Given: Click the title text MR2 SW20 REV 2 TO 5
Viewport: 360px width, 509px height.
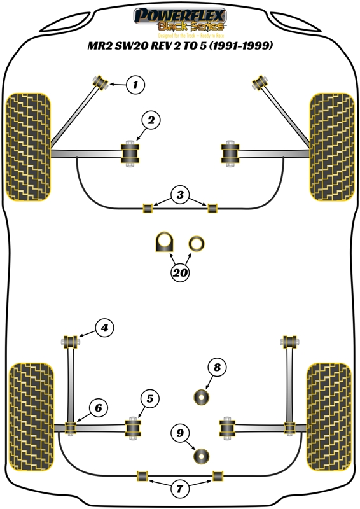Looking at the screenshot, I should click(x=180, y=46).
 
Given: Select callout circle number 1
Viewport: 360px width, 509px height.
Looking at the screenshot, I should click(x=134, y=84).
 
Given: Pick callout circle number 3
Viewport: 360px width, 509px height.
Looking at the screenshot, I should click(x=180, y=195).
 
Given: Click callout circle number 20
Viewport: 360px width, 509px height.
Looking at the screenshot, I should click(x=180, y=273).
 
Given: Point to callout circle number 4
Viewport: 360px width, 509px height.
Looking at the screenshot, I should click(x=104, y=328).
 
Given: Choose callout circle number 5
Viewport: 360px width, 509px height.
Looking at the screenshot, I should click(x=149, y=399).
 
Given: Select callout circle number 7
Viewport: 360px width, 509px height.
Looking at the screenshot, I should click(x=180, y=489).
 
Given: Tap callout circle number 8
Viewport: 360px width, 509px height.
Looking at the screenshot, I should click(x=216, y=367).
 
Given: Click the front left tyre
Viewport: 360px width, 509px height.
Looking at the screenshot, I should click(x=29, y=146).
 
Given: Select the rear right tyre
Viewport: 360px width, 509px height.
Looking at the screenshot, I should click(x=329, y=418).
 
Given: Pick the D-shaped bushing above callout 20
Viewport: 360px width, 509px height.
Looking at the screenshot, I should click(x=165, y=242).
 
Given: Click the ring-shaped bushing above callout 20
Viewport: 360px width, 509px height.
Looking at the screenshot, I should click(x=197, y=242).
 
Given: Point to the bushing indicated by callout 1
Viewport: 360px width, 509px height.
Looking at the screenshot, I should click(x=100, y=81).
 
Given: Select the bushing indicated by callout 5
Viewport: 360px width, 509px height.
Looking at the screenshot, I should click(x=134, y=426).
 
